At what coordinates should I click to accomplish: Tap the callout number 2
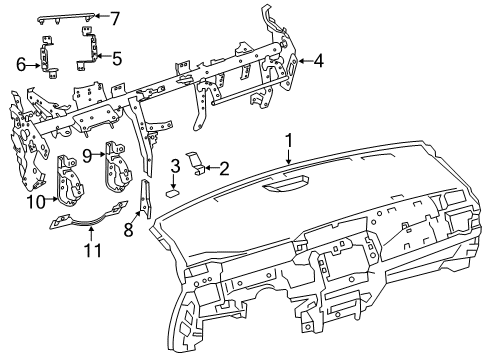(x=225, y=168)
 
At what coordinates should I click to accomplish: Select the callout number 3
(x=174, y=164)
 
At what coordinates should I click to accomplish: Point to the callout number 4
(x=319, y=62)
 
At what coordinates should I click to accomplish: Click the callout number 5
(x=117, y=58)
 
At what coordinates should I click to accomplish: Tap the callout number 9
(x=88, y=155)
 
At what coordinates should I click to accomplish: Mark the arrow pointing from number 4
(x=303, y=62)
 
